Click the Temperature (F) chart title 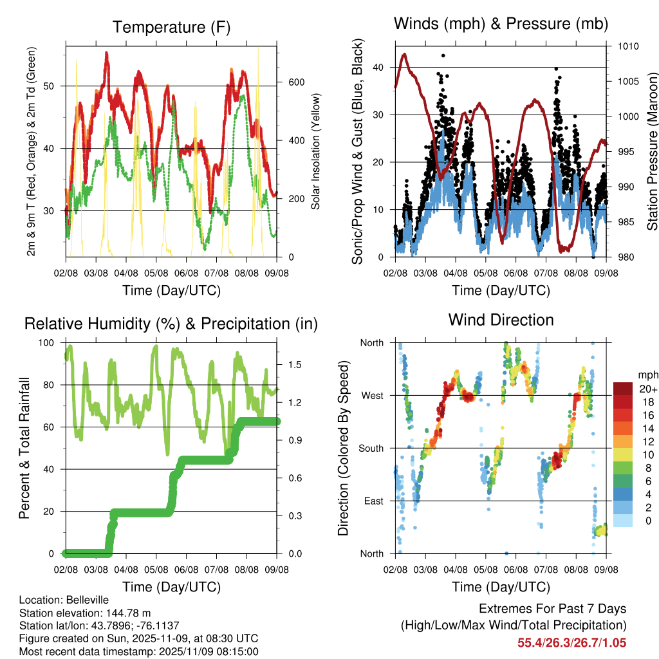[x=171, y=27]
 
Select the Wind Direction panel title [x=501, y=320]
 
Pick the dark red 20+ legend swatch [x=623, y=389]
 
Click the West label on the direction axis [x=372, y=395]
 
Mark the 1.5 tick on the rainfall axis [x=295, y=364]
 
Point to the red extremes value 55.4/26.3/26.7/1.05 [x=571, y=642]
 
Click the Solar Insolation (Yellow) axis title [x=316, y=151]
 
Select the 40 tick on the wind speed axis [x=379, y=67]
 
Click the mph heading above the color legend [x=647, y=375]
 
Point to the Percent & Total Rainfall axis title [x=24, y=449]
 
